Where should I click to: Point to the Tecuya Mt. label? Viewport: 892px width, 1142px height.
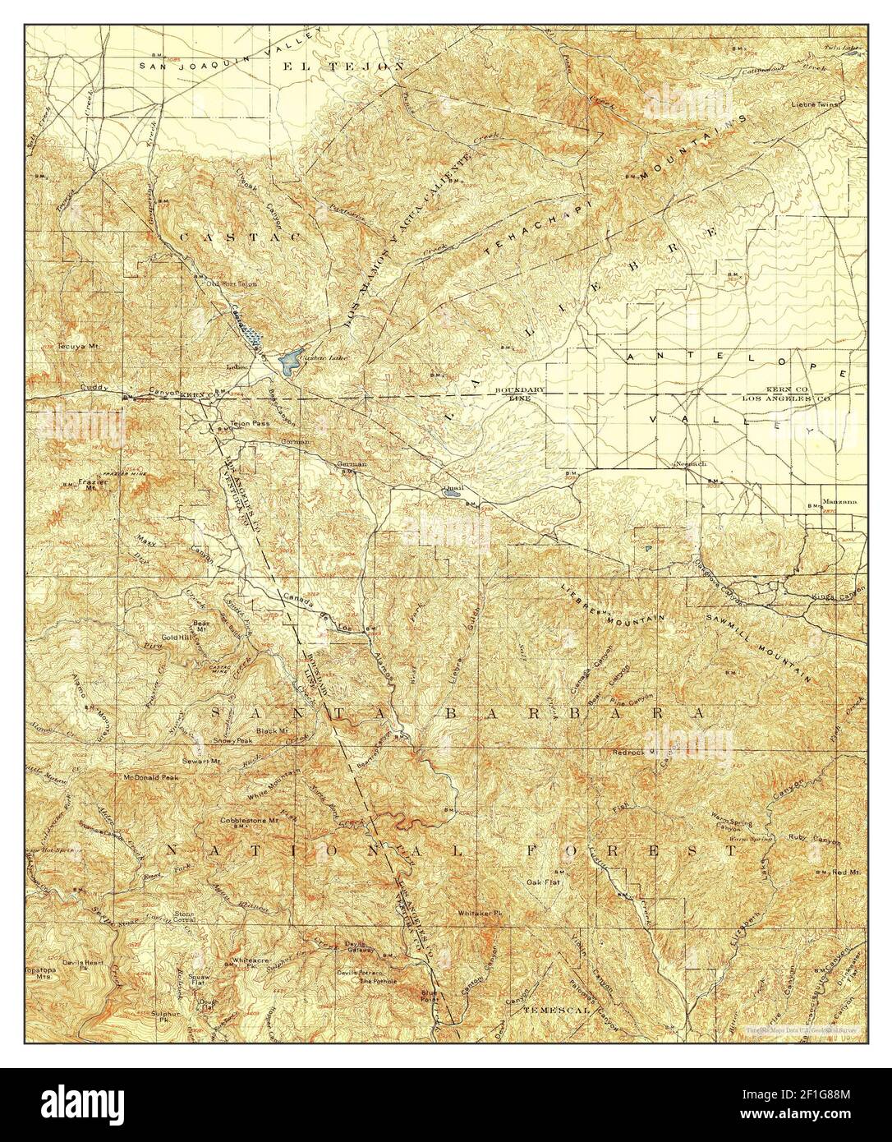click(x=77, y=346)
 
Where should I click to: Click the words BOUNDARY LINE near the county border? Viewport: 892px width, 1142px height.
click(x=519, y=393)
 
